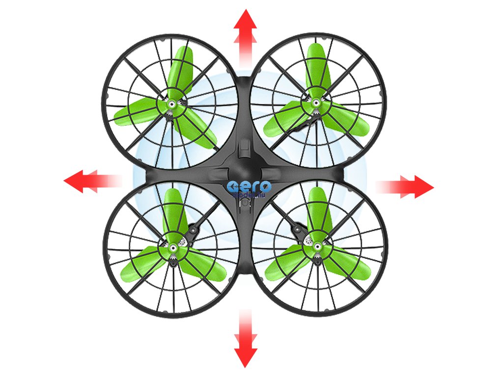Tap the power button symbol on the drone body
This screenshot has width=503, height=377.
[245, 202]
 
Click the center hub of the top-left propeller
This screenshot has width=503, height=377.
[172, 105]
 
